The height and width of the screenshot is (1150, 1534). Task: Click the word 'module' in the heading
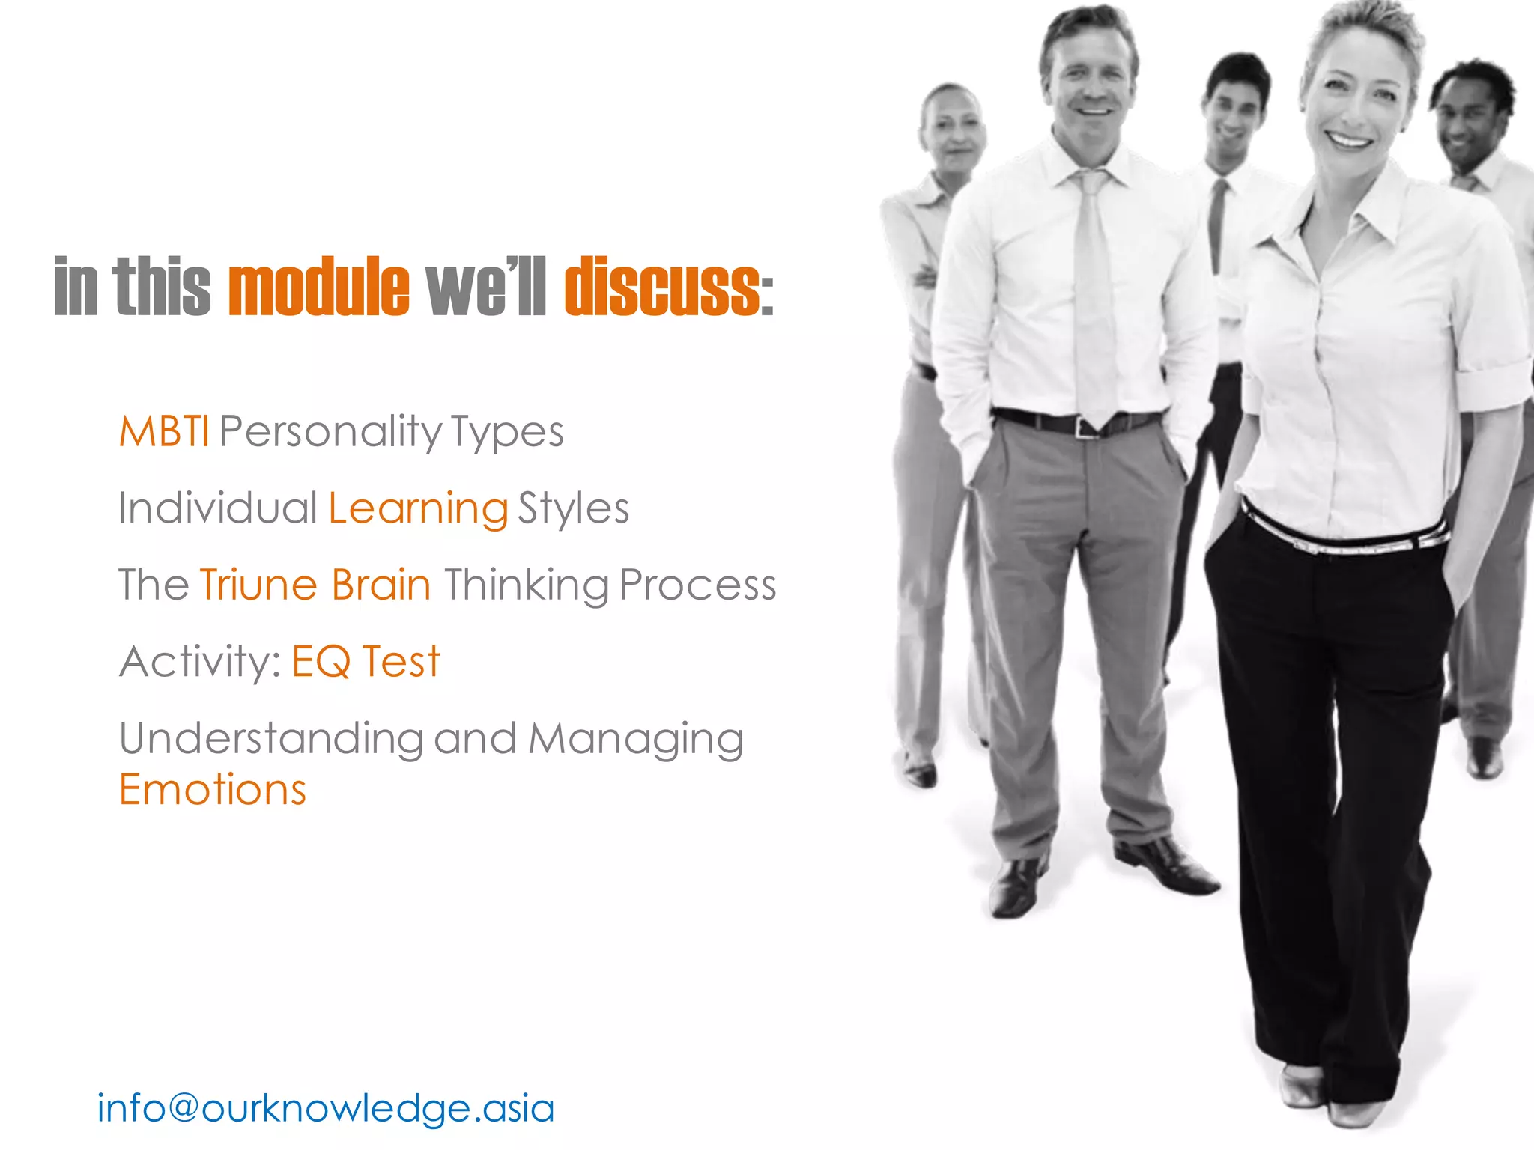[x=319, y=287]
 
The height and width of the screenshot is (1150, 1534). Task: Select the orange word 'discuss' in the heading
[x=662, y=287]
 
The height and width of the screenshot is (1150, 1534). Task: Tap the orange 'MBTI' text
[x=164, y=432]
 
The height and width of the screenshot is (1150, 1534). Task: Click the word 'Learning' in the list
[x=418, y=509]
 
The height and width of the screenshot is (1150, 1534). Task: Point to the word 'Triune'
[x=258, y=585]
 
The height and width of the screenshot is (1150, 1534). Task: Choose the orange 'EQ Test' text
[x=366, y=662]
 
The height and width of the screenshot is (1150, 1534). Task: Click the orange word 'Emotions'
[x=213, y=791]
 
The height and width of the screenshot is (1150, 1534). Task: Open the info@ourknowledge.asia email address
[x=326, y=1108]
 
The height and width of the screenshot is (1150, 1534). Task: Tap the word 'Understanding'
[x=270, y=739]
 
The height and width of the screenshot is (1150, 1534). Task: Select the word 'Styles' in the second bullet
[x=573, y=509]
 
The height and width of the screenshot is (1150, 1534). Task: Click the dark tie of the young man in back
[x=1217, y=225]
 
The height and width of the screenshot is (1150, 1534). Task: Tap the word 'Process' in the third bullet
[x=697, y=585]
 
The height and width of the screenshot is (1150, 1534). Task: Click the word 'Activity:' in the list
[x=199, y=662]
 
